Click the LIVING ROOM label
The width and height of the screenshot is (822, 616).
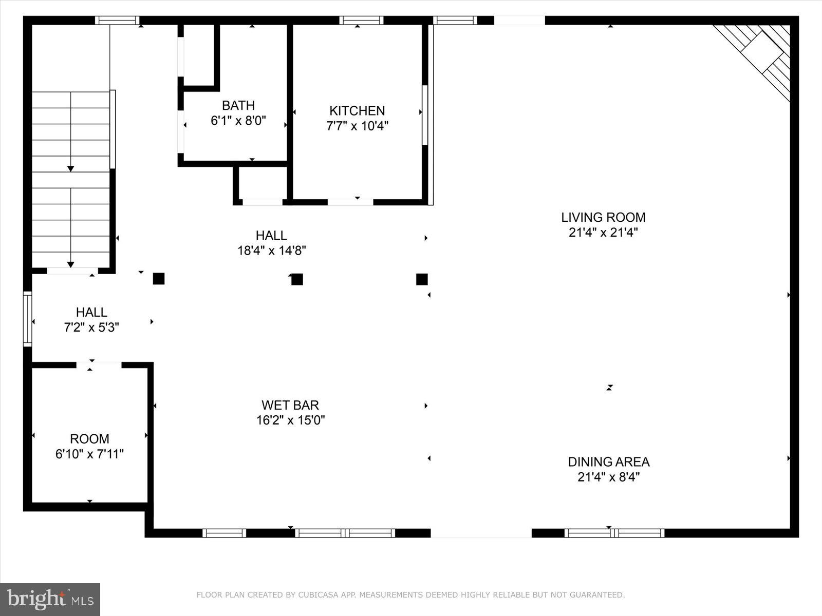click(x=603, y=217)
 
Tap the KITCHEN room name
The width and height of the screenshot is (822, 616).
click(x=357, y=110)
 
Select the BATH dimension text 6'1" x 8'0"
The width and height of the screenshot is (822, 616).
click(x=238, y=121)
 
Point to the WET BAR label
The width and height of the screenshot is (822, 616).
click(x=290, y=405)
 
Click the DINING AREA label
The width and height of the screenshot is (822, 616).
click(x=609, y=461)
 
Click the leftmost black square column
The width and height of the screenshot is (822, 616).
click(x=159, y=279)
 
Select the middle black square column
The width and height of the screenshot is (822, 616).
click(x=297, y=279)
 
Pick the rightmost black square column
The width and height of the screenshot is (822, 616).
click(x=422, y=279)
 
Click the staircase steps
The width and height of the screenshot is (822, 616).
click(x=71, y=180)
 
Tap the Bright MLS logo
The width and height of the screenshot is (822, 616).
click(x=50, y=599)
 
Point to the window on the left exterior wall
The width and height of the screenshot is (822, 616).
click(x=28, y=318)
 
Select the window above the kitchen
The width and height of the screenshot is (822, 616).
click(x=361, y=21)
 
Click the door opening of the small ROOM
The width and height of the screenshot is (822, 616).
click(x=99, y=365)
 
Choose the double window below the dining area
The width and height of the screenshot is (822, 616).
click(x=614, y=533)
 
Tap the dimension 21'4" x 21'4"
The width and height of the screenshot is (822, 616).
click(x=603, y=233)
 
